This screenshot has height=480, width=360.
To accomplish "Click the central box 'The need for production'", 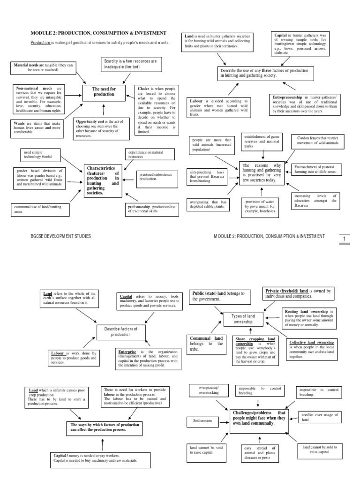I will (104, 91).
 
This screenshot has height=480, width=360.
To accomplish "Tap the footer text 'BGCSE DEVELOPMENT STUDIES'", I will (60, 236).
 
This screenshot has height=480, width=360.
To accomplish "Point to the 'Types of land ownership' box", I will (243, 319).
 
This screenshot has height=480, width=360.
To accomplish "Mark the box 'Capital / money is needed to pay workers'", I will (101, 457).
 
